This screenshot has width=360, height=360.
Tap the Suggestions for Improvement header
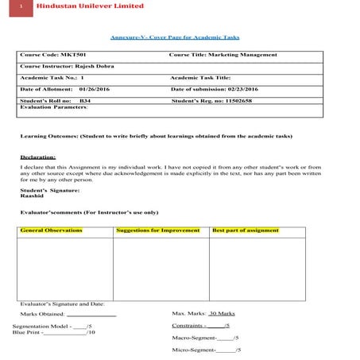(159, 230)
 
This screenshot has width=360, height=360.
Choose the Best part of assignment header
(246, 230)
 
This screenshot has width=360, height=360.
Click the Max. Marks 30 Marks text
(201, 315)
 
